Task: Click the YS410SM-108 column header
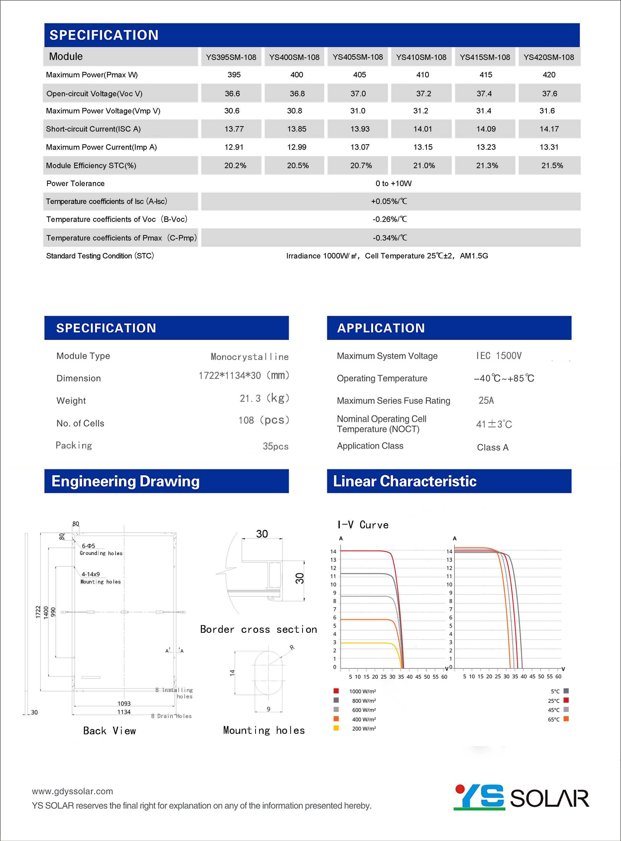[x=421, y=57]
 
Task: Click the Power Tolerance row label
[x=75, y=184]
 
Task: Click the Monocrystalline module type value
[x=250, y=356]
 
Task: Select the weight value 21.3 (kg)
[x=264, y=398]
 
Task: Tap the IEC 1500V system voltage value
[x=499, y=356]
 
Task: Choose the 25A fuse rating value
[x=486, y=400]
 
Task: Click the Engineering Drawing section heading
[x=125, y=481]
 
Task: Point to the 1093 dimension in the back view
[x=124, y=703]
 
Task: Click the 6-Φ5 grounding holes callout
[x=89, y=546]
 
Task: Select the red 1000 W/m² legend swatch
[x=336, y=691]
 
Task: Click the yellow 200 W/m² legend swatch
[x=336, y=728]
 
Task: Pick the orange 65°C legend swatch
[x=566, y=719]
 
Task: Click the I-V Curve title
[x=363, y=525]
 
